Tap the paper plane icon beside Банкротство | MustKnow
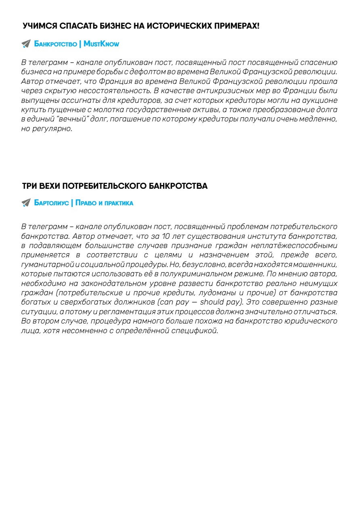[26, 44]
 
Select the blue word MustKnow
[101, 44]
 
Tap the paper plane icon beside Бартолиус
[26, 203]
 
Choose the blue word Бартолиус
[51, 203]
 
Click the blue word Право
[86, 203]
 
